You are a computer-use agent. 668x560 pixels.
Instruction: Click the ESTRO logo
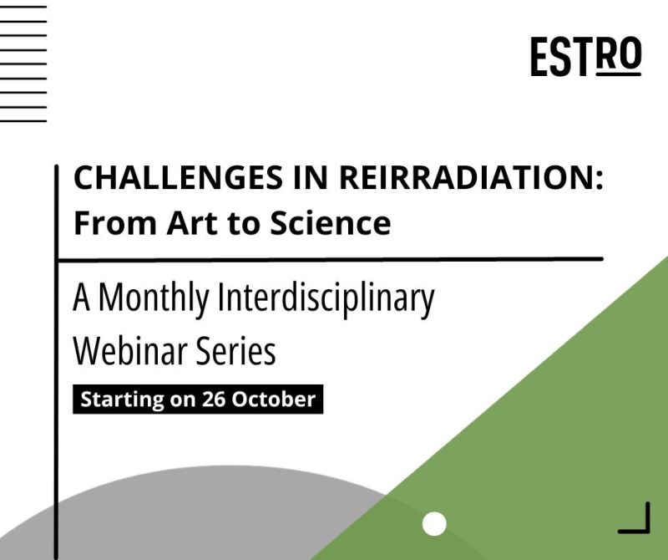tap(586, 56)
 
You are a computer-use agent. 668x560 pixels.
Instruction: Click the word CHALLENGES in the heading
tap(178, 177)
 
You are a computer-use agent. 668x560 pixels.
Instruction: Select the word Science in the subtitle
tap(330, 222)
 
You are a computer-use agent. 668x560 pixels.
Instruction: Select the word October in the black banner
tap(274, 400)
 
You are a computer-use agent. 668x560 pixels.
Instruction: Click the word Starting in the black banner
tap(122, 400)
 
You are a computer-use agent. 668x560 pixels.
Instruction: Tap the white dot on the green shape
tap(434, 524)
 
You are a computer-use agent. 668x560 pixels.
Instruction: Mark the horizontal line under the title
tap(330, 259)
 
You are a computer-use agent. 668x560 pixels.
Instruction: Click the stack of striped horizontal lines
tap(23, 64)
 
